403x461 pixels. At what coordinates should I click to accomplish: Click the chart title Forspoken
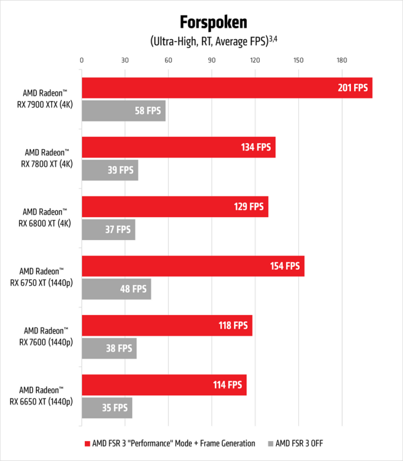point(214,23)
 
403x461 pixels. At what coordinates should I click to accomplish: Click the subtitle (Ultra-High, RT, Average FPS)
point(214,41)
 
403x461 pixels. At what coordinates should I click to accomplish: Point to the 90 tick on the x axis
point(211,60)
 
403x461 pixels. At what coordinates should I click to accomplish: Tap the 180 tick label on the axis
point(341,60)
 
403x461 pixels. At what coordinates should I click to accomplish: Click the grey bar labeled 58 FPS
point(123,111)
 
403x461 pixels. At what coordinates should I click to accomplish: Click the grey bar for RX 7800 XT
point(110,170)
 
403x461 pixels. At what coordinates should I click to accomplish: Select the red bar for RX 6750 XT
point(193,266)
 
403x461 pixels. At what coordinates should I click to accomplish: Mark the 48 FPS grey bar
point(116,289)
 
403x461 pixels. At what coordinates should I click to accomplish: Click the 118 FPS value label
point(233,325)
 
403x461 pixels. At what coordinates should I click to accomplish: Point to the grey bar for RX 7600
point(109,349)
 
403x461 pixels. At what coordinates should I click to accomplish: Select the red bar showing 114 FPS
point(164,385)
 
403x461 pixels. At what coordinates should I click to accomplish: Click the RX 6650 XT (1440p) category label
point(46,396)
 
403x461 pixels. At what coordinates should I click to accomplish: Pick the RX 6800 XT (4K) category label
point(47,217)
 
